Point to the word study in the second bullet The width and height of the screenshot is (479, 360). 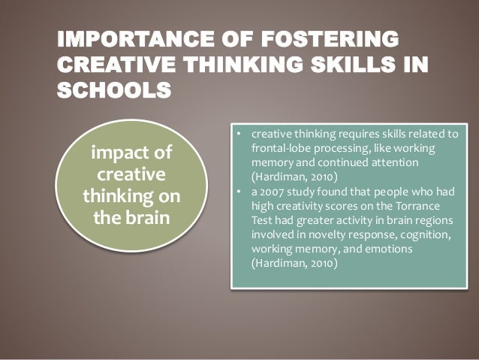coord(303,191)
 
